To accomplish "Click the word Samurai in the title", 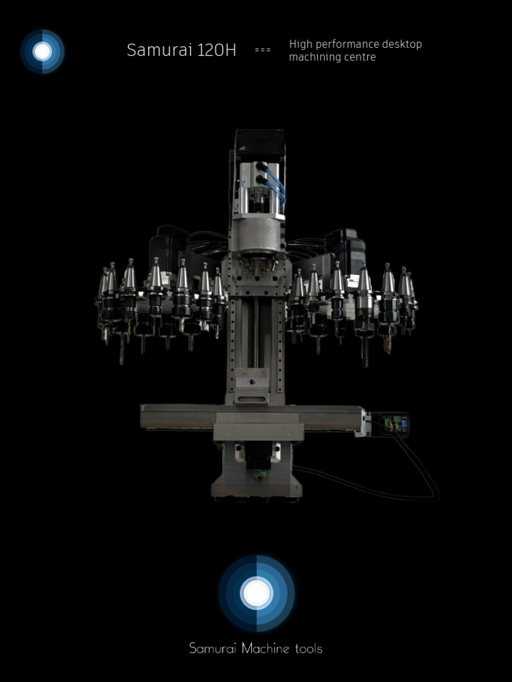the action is [x=159, y=50].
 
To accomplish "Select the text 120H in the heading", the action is [x=217, y=50].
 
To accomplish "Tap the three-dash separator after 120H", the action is [x=263, y=50].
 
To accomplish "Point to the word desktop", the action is [x=402, y=44].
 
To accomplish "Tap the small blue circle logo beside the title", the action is [x=42, y=51].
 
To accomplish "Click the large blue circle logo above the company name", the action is [x=257, y=593].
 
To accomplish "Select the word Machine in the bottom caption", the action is [x=265, y=649].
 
